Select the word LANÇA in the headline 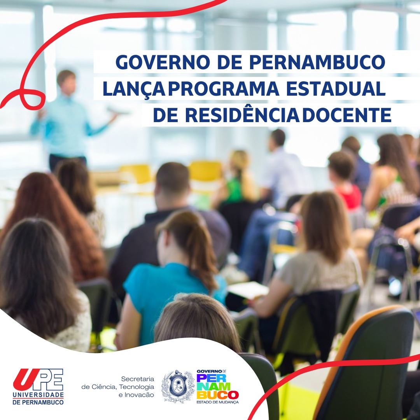tap(134, 89)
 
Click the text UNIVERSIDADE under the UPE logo tap(38, 395)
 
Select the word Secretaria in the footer tap(138, 379)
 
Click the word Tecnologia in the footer tap(136, 387)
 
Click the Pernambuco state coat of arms tap(178, 386)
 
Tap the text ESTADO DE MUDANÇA tap(217, 402)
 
